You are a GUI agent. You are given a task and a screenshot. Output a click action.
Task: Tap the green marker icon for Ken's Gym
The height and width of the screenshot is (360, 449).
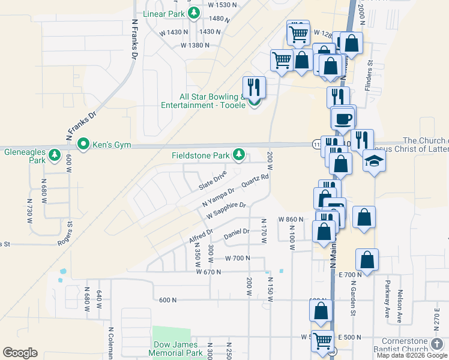pos(83,144)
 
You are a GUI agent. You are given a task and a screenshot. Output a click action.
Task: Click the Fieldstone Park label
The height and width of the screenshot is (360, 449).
pos(201,155)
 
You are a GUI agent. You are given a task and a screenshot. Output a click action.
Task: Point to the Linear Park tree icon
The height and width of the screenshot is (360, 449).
pos(193,13)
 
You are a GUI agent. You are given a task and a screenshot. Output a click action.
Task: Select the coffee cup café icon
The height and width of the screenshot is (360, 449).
pos(343,118)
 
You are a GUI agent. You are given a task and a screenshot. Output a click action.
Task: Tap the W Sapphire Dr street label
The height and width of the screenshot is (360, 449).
pos(226,211)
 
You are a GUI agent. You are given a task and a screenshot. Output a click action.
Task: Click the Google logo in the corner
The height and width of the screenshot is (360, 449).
pos(20,353)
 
